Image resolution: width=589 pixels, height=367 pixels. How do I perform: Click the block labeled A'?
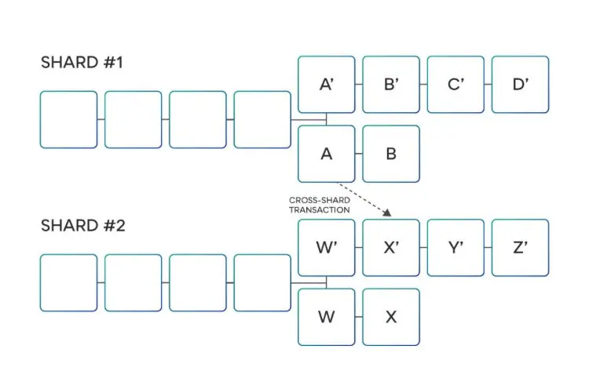327,84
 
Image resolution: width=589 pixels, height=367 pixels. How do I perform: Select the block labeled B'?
391,84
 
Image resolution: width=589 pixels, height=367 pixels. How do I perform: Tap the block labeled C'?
455,84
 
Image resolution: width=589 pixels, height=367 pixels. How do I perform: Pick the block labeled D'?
520,84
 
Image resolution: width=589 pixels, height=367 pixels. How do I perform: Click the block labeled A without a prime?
327,154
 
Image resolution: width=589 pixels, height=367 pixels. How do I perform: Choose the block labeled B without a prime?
391,154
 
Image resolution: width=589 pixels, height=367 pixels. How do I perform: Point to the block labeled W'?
327,247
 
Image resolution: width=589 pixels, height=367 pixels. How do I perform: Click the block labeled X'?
391,247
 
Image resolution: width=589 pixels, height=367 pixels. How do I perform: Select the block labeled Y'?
455,247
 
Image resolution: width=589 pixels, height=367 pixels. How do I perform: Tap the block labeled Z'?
520,247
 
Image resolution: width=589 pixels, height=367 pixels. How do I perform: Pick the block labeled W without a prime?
327,317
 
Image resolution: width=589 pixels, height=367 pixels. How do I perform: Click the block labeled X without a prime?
391,317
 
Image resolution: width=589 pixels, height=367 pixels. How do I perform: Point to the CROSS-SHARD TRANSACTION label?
319,205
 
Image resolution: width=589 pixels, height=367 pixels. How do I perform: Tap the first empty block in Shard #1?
68,119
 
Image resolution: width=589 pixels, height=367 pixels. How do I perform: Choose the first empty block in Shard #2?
68,282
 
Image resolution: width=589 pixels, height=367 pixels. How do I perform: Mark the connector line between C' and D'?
488,84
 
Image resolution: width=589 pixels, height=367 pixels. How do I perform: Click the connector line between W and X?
359,317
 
